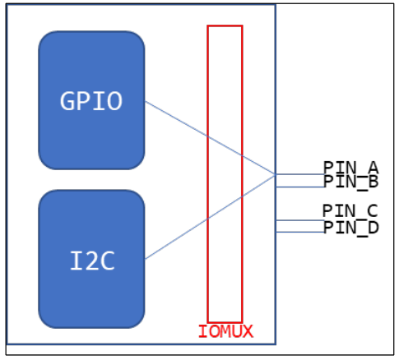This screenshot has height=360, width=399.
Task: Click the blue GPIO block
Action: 91,100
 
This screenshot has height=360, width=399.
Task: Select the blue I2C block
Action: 91,259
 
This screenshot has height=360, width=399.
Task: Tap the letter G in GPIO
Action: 68,100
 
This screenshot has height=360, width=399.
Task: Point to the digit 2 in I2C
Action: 91,261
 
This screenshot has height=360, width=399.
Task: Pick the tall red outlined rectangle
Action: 225,173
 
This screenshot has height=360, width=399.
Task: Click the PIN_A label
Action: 350,167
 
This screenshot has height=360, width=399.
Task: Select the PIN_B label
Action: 350,181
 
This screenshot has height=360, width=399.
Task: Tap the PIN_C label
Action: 350,211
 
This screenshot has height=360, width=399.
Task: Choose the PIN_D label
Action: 350,227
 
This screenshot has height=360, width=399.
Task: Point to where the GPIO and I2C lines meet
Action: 274,174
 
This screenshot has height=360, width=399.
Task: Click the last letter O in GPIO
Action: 114,100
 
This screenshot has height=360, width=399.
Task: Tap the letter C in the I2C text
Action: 107,261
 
